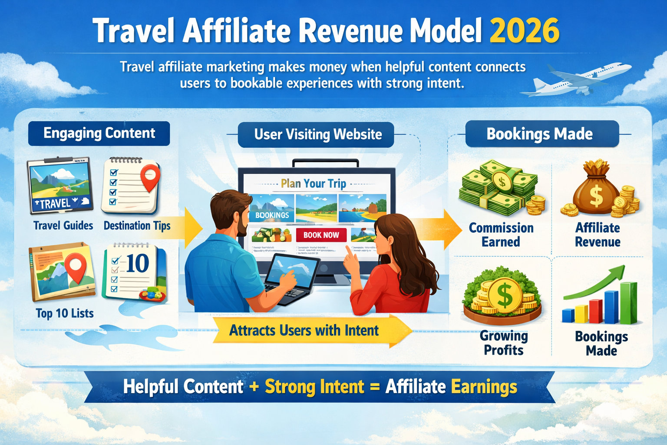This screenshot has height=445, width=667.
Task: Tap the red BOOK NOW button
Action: (x=321, y=235)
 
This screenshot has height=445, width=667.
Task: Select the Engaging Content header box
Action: (x=99, y=133)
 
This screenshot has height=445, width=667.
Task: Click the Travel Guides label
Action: (x=63, y=226)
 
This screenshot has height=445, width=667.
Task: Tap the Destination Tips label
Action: (x=137, y=226)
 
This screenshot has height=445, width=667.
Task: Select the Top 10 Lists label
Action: (x=65, y=313)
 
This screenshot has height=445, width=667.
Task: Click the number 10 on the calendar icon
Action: (x=137, y=263)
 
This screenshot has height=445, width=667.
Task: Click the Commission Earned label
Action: (x=501, y=235)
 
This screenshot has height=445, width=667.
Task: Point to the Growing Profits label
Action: (x=504, y=343)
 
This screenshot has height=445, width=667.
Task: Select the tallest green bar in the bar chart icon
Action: (x=628, y=303)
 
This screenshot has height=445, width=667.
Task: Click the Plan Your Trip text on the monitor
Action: (x=313, y=183)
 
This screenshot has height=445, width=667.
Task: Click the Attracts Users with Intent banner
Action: (x=304, y=331)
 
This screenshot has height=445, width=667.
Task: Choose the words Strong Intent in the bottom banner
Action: (x=314, y=387)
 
